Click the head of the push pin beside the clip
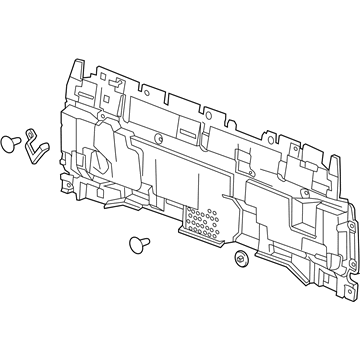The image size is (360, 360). [11, 142]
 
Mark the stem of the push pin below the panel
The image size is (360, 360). [145, 244]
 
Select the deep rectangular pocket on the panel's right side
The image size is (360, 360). [298, 212]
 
